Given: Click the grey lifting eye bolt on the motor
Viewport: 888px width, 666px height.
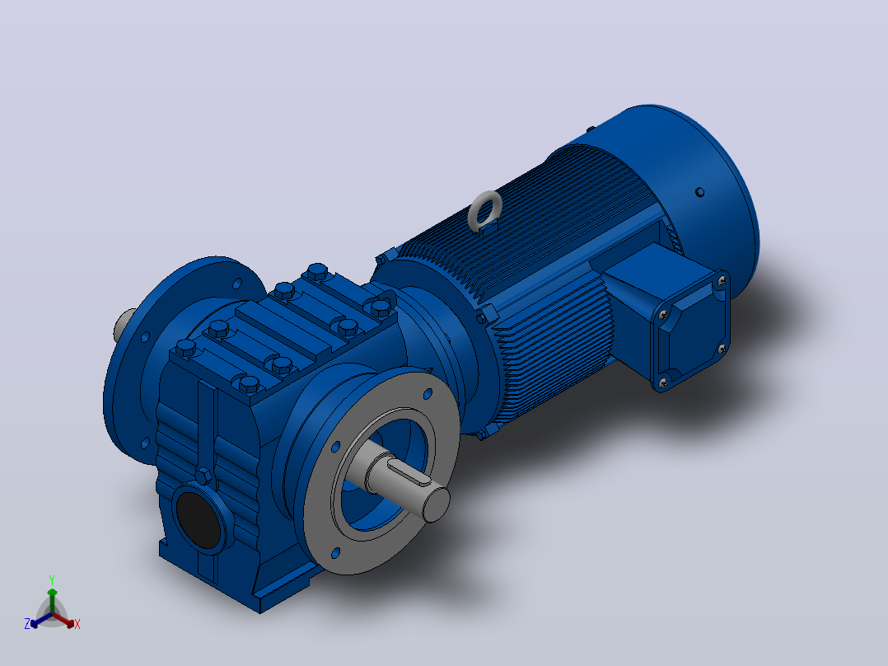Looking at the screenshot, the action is pos(484,211).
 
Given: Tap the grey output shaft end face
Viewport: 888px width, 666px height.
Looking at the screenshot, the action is pos(436,504).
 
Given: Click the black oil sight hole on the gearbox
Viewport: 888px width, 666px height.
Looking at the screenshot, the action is pos(198,519).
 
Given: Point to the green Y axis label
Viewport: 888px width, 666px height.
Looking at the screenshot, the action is pos(52,579).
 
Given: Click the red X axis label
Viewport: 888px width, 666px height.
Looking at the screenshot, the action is pos(77,624).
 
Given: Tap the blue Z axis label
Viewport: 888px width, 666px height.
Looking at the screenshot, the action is pos(26,624).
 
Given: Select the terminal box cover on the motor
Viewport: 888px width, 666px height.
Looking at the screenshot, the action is pos(691,331).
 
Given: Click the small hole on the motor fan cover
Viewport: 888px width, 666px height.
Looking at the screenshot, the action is pos(699,192).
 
